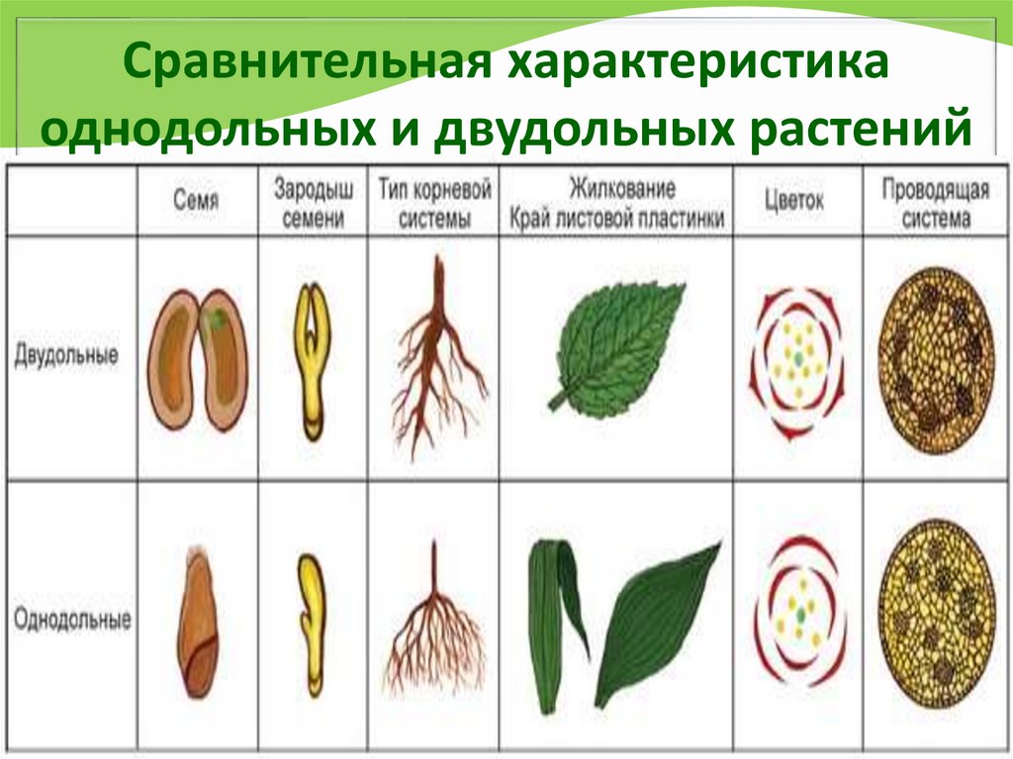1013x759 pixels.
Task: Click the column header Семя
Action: click(198, 200)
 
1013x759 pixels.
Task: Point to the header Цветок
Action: click(793, 200)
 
